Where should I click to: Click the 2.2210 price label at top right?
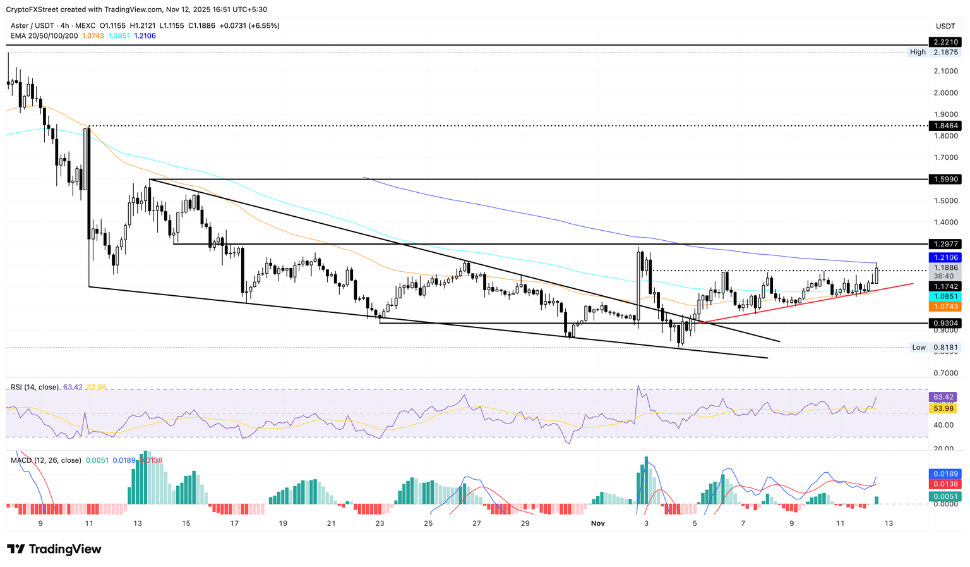pyautogui.click(x=945, y=42)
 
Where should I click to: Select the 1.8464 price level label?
pyautogui.click(x=945, y=126)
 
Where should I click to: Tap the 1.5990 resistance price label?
pyautogui.click(x=945, y=180)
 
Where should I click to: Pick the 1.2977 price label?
pyautogui.click(x=945, y=244)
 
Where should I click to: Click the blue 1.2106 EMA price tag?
pyautogui.click(x=945, y=258)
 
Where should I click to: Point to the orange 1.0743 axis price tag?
pyautogui.click(x=945, y=307)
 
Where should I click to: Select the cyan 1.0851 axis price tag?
pyautogui.click(x=945, y=296)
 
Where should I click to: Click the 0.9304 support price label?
pyautogui.click(x=945, y=323)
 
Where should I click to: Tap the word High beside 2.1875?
pyautogui.click(x=918, y=52)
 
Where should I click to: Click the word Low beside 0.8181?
pyautogui.click(x=919, y=347)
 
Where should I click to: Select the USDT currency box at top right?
pyautogui.click(x=945, y=26)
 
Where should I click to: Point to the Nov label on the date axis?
pyautogui.click(x=597, y=523)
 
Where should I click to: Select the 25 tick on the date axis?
pyautogui.click(x=428, y=523)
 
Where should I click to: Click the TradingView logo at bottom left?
pyautogui.click(x=54, y=549)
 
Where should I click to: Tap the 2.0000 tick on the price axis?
pyautogui.click(x=945, y=93)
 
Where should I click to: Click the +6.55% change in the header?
pyautogui.click(x=263, y=25)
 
